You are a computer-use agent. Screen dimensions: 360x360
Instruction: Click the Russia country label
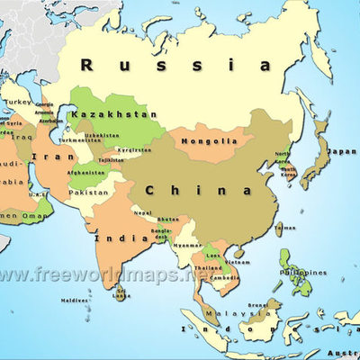(x=175, y=64)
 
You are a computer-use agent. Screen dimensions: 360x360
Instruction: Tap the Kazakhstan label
(x=113, y=115)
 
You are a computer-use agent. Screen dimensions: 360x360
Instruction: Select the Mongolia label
(x=209, y=141)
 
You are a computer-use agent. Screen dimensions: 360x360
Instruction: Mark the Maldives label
(x=75, y=301)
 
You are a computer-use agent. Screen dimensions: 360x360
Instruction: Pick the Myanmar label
(x=187, y=245)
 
